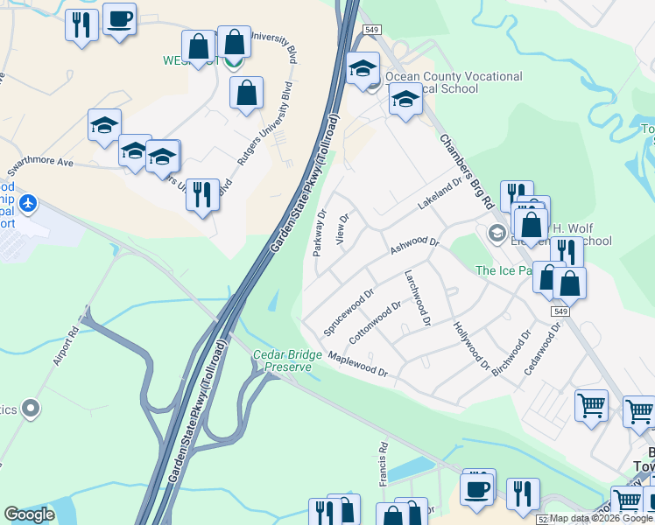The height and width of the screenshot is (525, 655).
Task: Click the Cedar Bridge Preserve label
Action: (x=282, y=361)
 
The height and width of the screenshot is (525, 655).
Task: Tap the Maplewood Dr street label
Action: (x=358, y=365)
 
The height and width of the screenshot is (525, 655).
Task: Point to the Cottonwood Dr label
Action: (x=375, y=322)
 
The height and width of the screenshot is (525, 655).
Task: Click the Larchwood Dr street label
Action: (x=417, y=297)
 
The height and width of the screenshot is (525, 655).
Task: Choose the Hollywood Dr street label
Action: (x=471, y=345)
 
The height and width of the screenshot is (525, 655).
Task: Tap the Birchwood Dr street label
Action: (x=511, y=353)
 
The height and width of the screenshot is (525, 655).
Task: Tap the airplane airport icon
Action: (x=29, y=204)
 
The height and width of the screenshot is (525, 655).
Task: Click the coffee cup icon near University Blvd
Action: (x=119, y=17)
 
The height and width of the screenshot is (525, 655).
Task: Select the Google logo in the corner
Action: (x=29, y=514)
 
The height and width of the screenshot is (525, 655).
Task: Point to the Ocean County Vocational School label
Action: (x=454, y=84)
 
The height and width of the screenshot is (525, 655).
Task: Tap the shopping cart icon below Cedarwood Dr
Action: (x=591, y=405)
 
